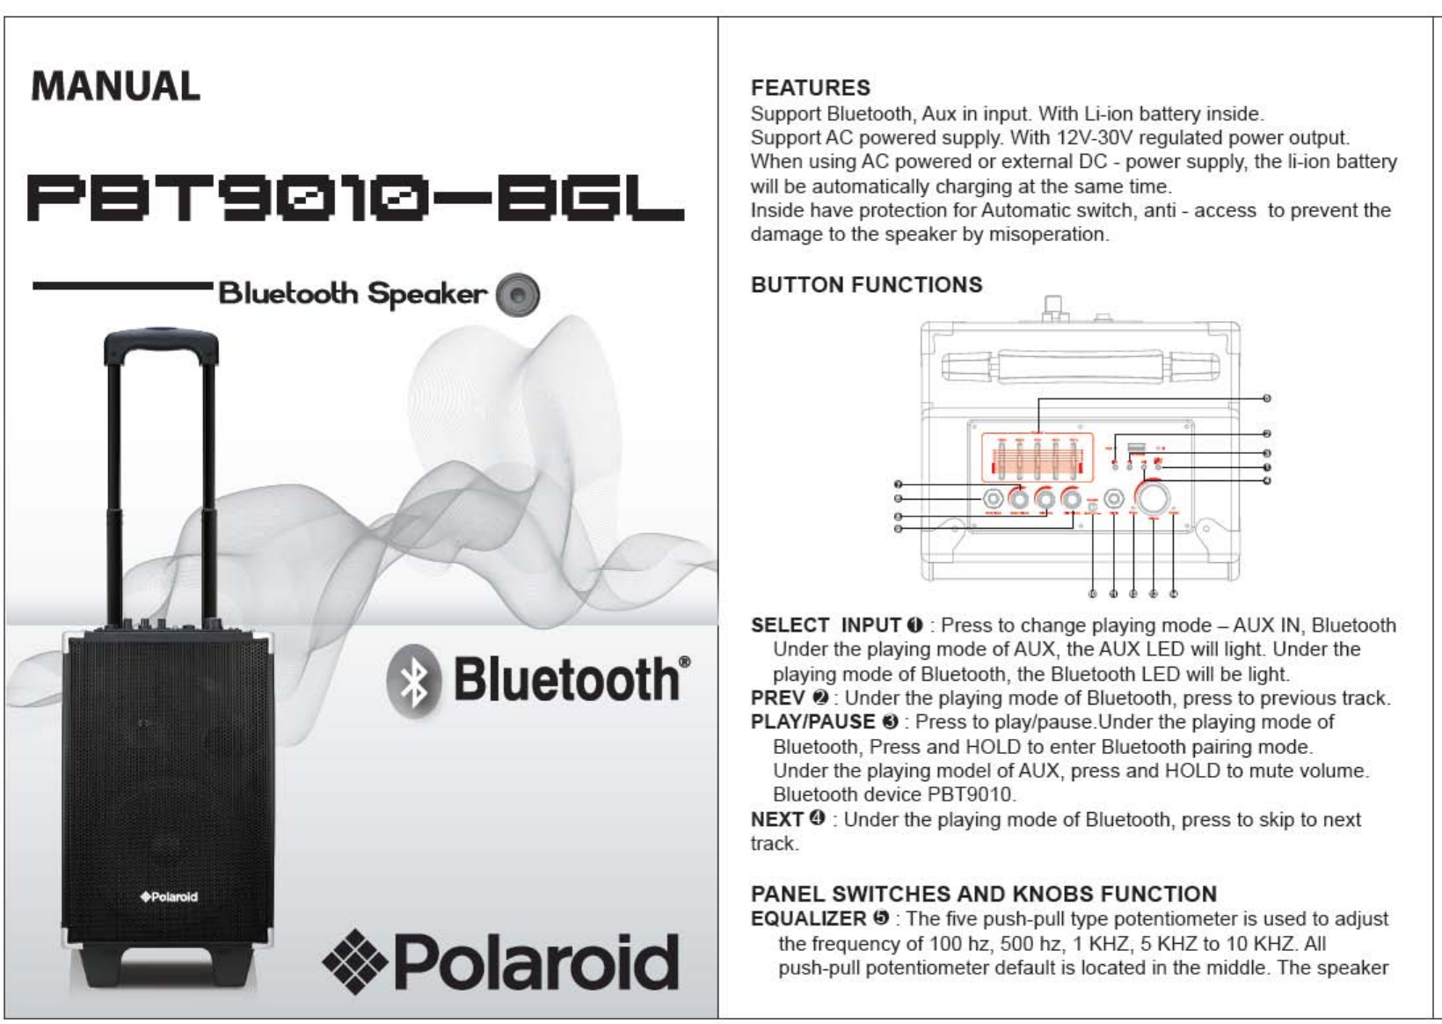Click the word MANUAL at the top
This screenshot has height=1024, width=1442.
[115, 87]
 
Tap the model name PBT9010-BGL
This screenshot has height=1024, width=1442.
[355, 200]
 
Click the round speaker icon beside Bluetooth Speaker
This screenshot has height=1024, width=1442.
[518, 295]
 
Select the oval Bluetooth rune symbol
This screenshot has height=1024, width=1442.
[414, 681]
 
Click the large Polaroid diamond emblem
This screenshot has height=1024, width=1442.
[355, 962]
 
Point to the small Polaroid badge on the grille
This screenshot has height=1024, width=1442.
[169, 896]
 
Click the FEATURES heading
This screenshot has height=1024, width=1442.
[810, 88]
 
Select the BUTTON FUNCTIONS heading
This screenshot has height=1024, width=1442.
[866, 285]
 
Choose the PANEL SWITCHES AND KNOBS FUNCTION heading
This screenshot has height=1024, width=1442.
[983, 894]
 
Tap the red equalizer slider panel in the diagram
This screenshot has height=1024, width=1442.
[1037, 457]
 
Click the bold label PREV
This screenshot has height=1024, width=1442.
[777, 699]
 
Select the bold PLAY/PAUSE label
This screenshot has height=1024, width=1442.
[812, 722]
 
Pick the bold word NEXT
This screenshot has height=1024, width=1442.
[776, 819]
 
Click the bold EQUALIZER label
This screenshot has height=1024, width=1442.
[808, 918]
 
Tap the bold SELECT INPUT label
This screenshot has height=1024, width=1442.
[826, 625]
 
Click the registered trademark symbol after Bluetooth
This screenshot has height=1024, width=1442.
[685, 662]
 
